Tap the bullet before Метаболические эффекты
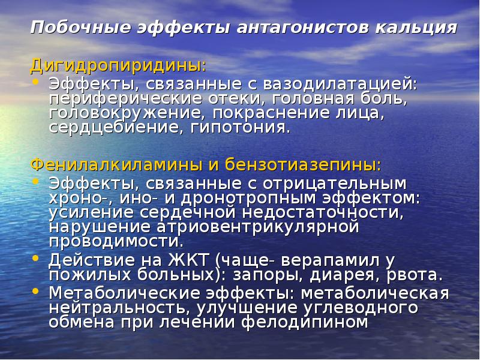click(35, 292)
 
